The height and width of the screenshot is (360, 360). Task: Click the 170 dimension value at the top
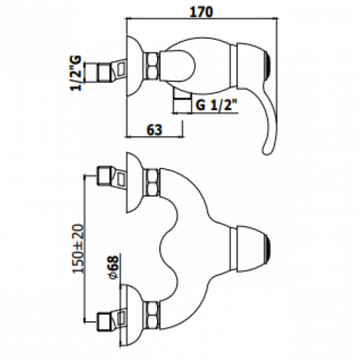pyautogui.click(x=201, y=12)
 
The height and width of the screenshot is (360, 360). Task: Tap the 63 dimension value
pyautogui.click(x=154, y=130)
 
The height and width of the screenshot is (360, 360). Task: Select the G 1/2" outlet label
pyautogui.click(x=217, y=104)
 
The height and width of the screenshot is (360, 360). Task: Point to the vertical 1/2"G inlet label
pyautogui.click(x=76, y=73)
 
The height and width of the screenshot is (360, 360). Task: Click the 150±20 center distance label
pyautogui.click(x=78, y=248)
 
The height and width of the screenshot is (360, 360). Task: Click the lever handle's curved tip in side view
pyautogui.click(x=266, y=149)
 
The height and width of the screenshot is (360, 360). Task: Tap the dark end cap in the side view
pyautogui.click(x=269, y=66)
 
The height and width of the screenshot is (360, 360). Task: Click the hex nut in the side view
pyautogui.click(x=150, y=66)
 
